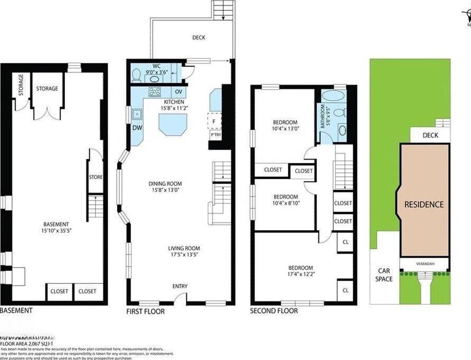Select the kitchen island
point(173,125)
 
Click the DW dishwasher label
point(136,128)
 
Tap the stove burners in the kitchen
point(154,92)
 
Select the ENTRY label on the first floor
point(180,287)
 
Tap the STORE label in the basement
point(96,177)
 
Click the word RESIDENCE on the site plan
point(424,204)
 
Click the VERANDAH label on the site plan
point(425,264)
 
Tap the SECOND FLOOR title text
point(274,311)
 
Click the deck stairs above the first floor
point(222,10)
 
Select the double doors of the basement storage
point(48,110)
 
